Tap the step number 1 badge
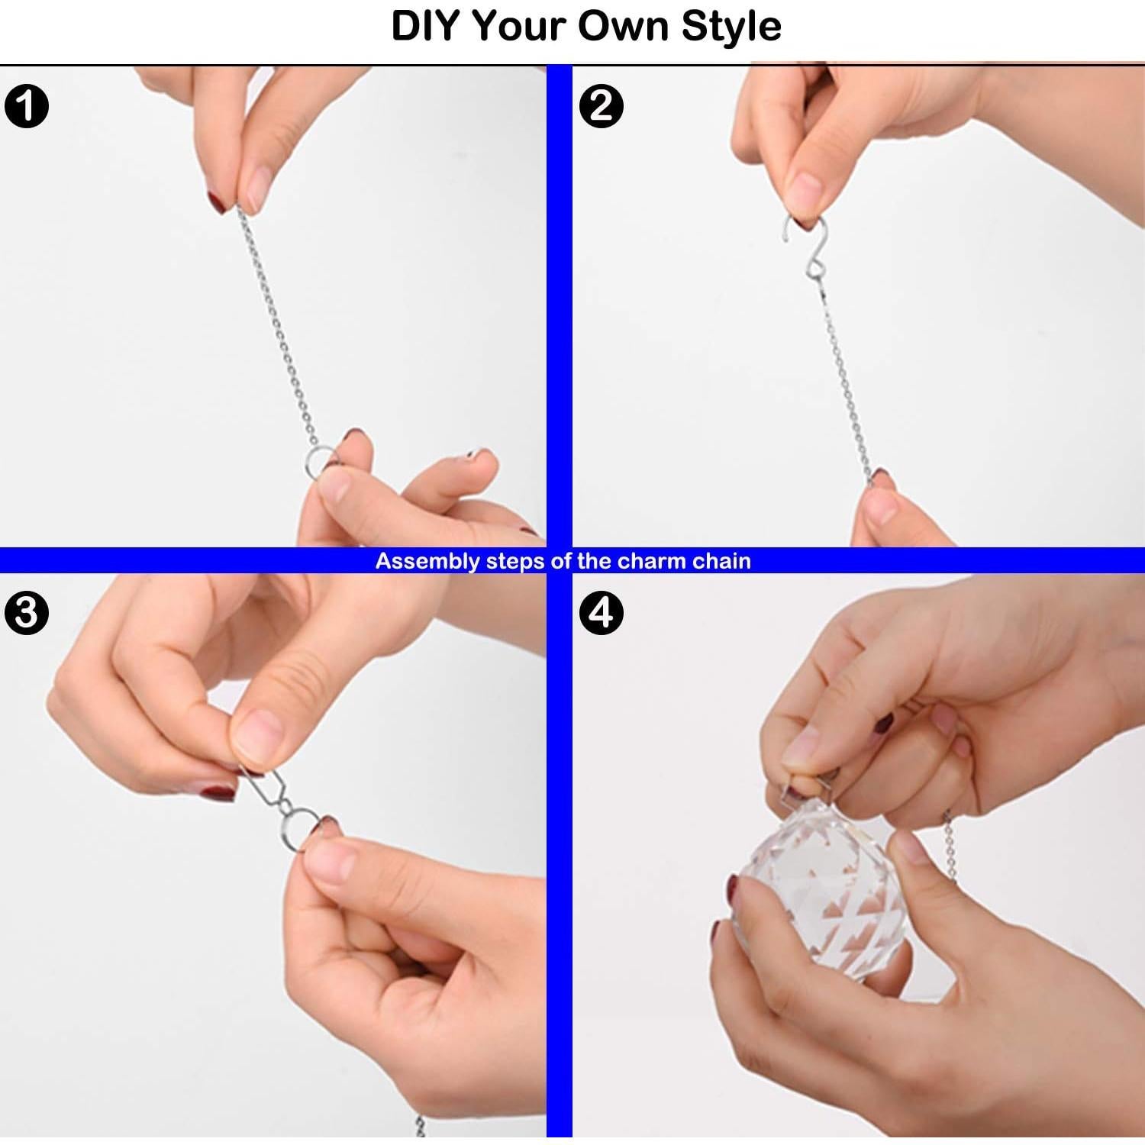point(26,105)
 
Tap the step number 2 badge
point(602,105)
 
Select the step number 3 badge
point(26,612)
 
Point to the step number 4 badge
point(602,612)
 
